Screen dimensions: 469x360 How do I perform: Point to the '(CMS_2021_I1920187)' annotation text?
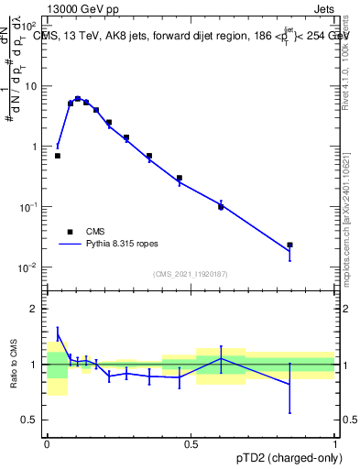(190, 274)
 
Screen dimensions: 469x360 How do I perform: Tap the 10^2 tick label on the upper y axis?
(30, 26)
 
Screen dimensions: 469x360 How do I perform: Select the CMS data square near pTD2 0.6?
(221, 207)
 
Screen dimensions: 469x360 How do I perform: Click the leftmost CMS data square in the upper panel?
(58, 156)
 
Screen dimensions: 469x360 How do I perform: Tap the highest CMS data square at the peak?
(78, 98)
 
